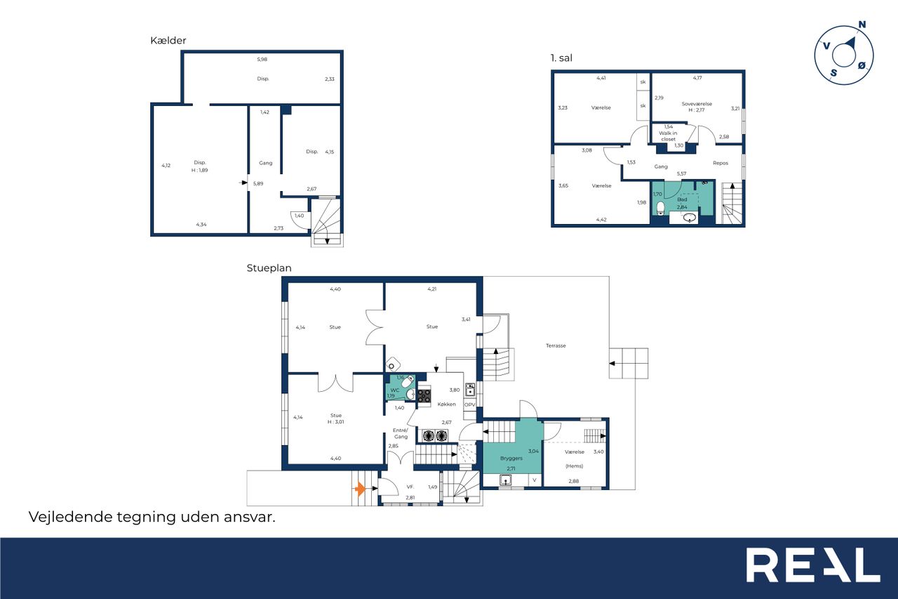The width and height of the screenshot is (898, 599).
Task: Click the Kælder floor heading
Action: [x=168, y=41]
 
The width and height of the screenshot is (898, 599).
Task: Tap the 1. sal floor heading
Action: [x=561, y=58]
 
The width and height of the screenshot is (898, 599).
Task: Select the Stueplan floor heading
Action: [x=269, y=268]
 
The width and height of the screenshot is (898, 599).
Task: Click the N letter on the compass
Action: [x=862, y=25]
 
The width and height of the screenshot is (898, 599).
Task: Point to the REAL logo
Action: [x=813, y=565]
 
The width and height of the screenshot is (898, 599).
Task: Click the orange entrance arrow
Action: [x=360, y=489]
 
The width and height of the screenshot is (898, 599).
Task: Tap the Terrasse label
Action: [x=556, y=345]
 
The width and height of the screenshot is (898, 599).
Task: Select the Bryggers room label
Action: [x=511, y=458]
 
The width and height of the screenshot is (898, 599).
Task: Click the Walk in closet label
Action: [x=669, y=136]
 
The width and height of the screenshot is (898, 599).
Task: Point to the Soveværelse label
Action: [x=697, y=103]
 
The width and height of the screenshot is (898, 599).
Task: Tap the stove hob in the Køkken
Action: [x=424, y=395]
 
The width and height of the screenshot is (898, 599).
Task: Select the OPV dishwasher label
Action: [x=469, y=404]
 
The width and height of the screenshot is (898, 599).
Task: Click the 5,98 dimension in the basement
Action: [x=262, y=60]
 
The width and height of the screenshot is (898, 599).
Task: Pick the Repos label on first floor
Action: [x=721, y=163]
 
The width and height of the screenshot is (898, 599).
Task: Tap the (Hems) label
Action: [x=574, y=466]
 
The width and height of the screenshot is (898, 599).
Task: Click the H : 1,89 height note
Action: [x=200, y=170]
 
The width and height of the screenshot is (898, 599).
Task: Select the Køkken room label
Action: [x=447, y=404]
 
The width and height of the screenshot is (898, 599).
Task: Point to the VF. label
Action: [x=410, y=487]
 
